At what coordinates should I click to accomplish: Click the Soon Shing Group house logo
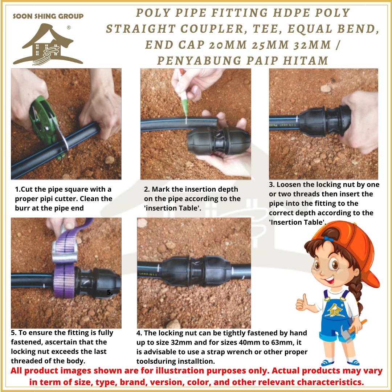48,45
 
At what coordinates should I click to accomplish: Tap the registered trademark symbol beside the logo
69,28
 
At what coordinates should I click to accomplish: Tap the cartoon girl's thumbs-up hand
303,302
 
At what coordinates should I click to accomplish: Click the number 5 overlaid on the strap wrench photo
110,292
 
